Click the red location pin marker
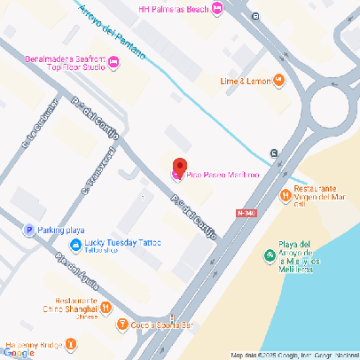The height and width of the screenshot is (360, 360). click(x=179, y=166)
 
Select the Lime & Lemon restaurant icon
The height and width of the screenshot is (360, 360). click(x=279, y=81)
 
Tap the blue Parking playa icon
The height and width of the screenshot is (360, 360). click(x=28, y=230)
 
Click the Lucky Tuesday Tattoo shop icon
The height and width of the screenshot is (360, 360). click(x=75, y=245)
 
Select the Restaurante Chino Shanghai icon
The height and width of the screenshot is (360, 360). click(x=106, y=308)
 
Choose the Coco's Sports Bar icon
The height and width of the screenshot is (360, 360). click(x=122, y=325)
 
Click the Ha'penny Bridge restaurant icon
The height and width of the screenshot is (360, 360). click(x=71, y=345)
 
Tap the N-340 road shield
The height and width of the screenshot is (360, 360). click(x=247, y=213)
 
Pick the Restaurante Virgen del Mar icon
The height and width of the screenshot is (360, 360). click(x=285, y=196)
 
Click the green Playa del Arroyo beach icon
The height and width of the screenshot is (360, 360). click(x=270, y=256)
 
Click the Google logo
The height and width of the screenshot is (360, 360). click(x=19, y=352)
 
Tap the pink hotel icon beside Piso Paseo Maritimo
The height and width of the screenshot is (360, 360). click(x=176, y=176)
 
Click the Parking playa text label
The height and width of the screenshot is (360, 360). click(x=62, y=230)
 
